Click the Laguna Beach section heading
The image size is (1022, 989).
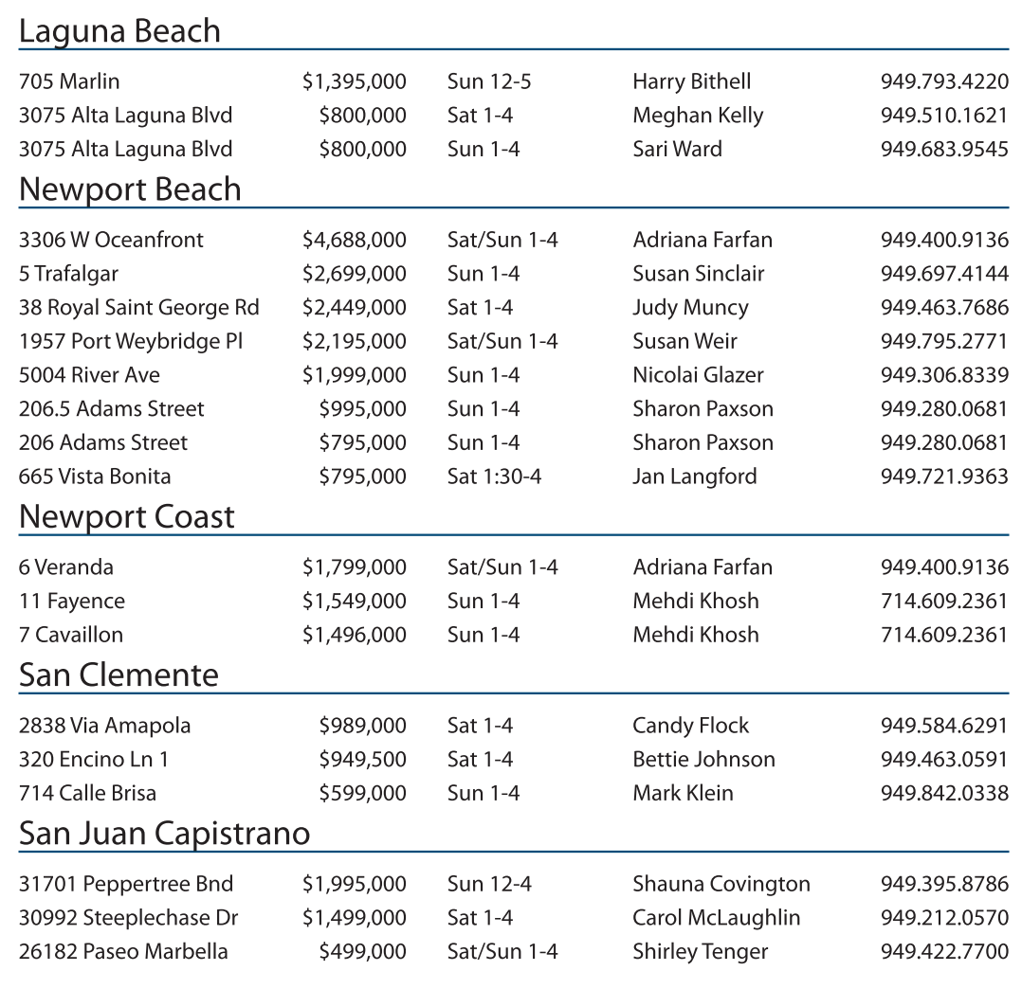click(x=119, y=31)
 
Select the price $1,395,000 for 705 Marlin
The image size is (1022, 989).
click(x=354, y=82)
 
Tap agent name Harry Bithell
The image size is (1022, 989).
click(x=691, y=82)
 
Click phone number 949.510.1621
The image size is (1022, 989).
click(x=943, y=116)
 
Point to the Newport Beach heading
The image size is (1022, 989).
click(x=130, y=189)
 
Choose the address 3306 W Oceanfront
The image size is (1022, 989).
click(x=111, y=241)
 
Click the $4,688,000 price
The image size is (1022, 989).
click(x=354, y=241)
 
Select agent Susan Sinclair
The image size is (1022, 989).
click(x=698, y=274)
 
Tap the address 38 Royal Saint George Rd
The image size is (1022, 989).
click(x=138, y=308)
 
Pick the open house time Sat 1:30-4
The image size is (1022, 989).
click(x=494, y=477)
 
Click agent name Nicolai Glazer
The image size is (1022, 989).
click(x=698, y=375)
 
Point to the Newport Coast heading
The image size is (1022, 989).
click(x=126, y=517)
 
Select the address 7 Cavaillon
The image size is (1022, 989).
click(x=71, y=635)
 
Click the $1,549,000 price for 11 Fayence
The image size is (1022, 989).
click(x=354, y=602)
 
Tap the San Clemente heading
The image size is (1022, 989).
click(x=119, y=675)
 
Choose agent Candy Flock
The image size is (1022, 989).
click(x=690, y=727)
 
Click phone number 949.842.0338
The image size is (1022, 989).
click(x=943, y=794)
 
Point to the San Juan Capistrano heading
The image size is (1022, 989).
click(x=164, y=834)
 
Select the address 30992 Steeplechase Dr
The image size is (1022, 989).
click(x=128, y=918)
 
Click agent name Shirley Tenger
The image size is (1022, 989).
click(x=700, y=952)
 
